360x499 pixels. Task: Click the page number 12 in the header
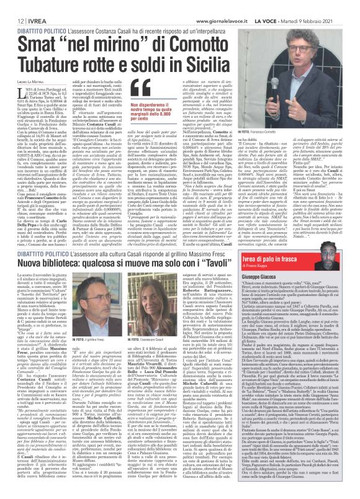(13, 4)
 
